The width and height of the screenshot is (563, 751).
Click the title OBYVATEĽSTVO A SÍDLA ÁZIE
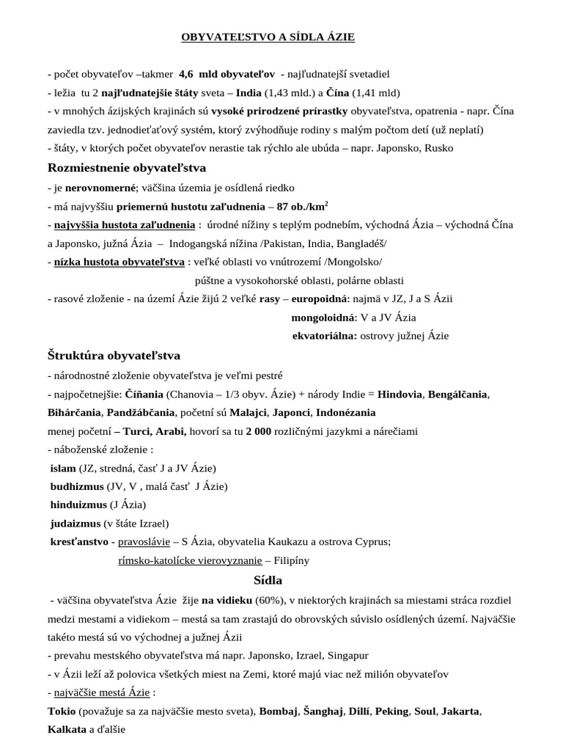[x=268, y=37]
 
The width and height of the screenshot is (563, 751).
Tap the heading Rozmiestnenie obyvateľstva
[x=127, y=168]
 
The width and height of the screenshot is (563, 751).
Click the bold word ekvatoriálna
[x=324, y=337]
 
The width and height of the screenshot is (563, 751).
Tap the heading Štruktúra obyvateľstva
[x=114, y=356]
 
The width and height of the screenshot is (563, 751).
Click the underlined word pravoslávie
[x=144, y=542]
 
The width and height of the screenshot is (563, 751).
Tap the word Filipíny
[x=290, y=560]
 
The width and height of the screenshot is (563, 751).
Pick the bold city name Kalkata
[x=67, y=730]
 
